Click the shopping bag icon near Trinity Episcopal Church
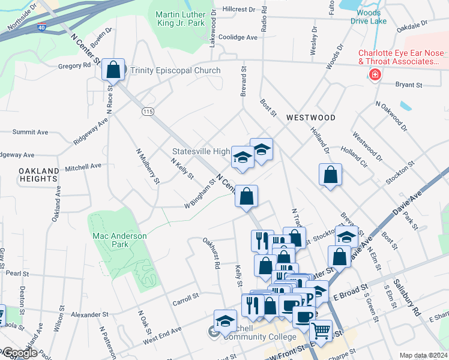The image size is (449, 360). (112, 70)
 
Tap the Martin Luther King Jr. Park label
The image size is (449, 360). (180, 19)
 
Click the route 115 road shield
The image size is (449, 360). (146, 112)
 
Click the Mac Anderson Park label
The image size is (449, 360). (119, 241)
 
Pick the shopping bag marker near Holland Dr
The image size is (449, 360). (331, 176)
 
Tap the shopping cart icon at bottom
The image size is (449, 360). (321, 330)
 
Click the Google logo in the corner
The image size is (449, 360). (19, 353)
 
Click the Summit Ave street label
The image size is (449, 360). (30, 131)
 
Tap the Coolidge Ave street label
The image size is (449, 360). (239, 37)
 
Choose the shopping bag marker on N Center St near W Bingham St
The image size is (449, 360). (246, 196)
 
